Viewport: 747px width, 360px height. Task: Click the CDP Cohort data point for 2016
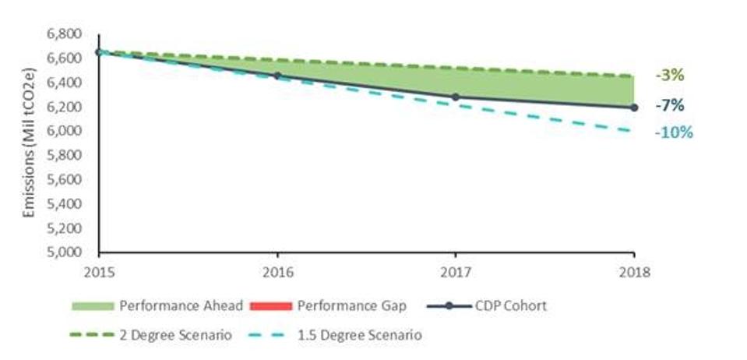[277, 76]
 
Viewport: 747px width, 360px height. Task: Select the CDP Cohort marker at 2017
[456, 97]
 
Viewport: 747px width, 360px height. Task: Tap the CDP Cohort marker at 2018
[634, 108]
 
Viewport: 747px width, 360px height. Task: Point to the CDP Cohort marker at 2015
[99, 52]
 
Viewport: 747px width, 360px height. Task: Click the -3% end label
[669, 76]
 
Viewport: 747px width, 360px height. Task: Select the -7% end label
[669, 105]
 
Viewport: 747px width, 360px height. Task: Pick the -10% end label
[673, 132]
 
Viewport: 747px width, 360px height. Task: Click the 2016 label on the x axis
[277, 274]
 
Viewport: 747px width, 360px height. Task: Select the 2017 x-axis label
[456, 274]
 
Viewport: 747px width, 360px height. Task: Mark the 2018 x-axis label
[633, 274]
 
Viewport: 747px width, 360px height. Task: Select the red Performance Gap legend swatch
[270, 306]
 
